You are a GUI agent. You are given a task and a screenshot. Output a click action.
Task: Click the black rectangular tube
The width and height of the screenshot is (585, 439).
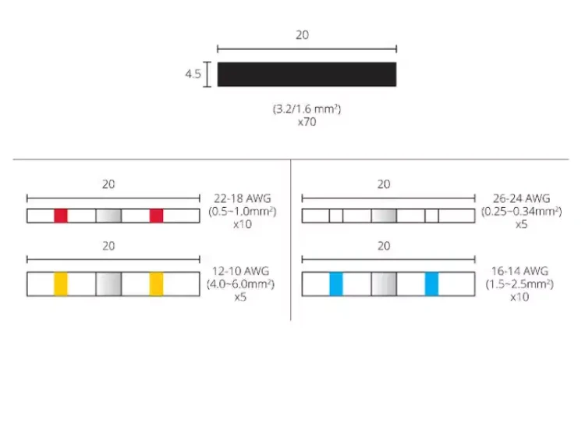tap(307, 74)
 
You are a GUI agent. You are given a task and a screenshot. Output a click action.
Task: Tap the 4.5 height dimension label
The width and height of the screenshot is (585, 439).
tap(193, 74)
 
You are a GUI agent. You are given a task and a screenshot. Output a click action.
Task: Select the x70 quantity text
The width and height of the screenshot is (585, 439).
tap(307, 122)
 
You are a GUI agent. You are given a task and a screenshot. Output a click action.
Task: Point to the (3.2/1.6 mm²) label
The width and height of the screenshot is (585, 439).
tap(307, 109)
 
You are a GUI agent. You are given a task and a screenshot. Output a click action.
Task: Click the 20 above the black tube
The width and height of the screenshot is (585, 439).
tap(302, 34)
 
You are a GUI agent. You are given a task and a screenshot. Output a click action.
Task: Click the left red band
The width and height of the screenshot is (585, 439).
tap(61, 216)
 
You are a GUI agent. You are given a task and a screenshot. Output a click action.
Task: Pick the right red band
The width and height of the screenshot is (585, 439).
tap(156, 216)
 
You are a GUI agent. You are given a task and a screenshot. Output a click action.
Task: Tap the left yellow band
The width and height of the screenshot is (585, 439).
tap(61, 284)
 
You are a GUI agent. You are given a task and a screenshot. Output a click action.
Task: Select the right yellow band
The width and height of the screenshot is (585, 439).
tap(156, 284)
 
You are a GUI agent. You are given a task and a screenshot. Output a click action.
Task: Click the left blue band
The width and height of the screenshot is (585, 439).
tap(336, 284)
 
